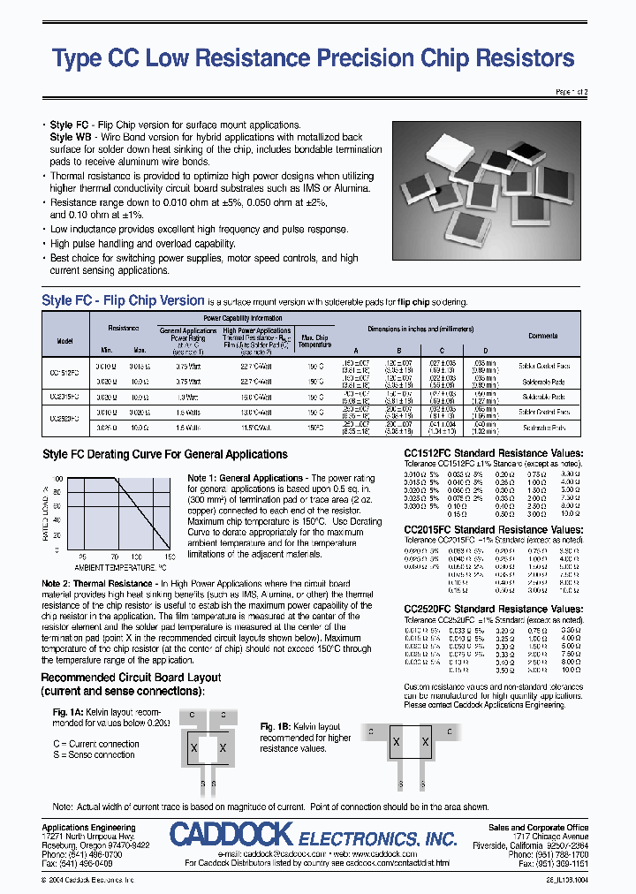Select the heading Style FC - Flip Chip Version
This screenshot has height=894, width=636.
[123, 300]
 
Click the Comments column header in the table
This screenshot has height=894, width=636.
[543, 336]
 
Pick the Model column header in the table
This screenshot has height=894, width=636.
[64, 340]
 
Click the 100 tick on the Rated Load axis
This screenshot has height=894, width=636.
[58, 478]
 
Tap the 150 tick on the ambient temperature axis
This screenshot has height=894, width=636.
[170, 557]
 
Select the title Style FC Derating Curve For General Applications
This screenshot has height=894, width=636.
[165, 455]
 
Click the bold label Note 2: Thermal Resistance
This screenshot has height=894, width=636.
[104, 584]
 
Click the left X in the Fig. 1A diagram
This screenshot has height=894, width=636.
[193, 748]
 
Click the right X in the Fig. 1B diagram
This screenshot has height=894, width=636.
[425, 742]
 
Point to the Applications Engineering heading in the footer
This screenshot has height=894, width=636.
[89, 828]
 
